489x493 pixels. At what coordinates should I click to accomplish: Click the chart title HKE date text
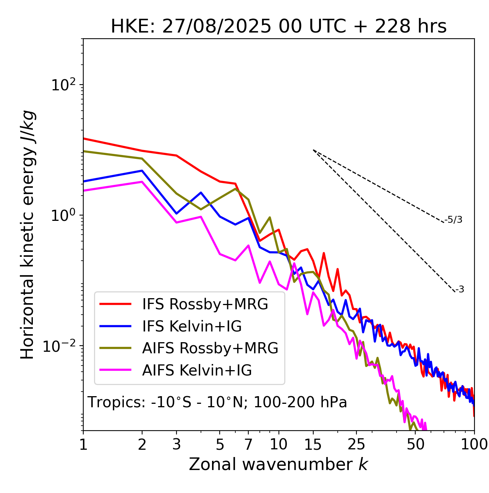point(279,27)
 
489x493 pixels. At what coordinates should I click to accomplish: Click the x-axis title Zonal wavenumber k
point(278,464)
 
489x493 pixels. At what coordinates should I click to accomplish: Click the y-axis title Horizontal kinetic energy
point(28,235)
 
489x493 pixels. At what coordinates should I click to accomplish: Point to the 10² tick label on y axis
point(63,85)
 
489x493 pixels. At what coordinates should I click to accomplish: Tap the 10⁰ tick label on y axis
point(63,215)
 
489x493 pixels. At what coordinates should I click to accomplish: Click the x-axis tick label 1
point(83,444)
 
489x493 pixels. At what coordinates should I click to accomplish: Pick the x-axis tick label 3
point(176,444)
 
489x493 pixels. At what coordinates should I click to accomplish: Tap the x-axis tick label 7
point(248,444)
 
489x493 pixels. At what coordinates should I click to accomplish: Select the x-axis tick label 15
point(313,444)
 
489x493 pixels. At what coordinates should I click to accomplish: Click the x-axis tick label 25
point(356,444)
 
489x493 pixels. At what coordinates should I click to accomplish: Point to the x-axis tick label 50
point(415,444)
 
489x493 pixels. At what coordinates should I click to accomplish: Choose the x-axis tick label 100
point(474,444)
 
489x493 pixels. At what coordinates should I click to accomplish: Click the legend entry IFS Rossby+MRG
point(205,304)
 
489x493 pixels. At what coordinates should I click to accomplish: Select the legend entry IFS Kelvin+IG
point(192,326)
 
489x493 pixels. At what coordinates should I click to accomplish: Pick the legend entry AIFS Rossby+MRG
point(210,348)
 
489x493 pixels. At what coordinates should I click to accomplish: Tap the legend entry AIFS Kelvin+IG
point(197,370)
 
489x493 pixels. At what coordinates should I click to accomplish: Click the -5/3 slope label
point(453,220)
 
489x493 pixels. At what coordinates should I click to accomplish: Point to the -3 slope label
point(460,290)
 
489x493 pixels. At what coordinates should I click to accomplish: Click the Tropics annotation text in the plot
point(217,402)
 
